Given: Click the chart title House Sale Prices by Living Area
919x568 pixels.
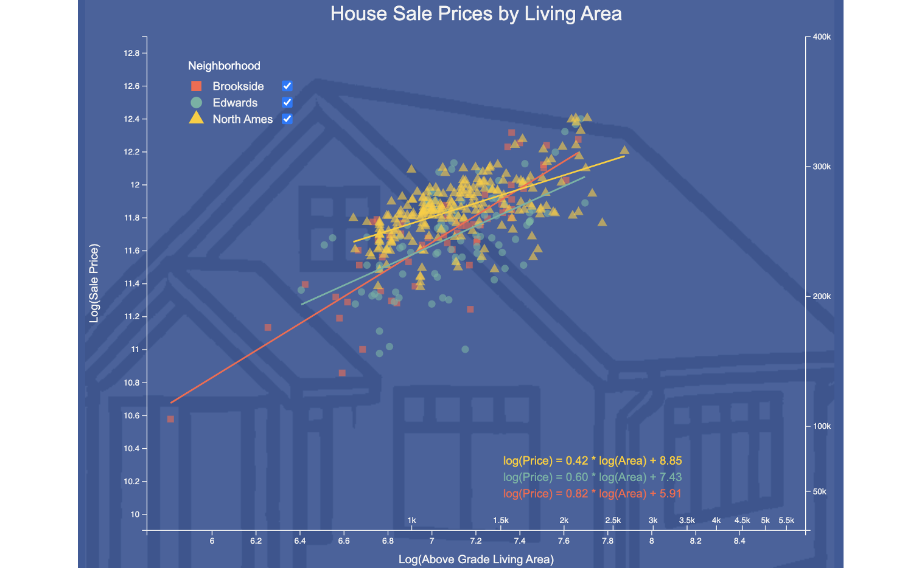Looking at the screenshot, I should pos(476,14).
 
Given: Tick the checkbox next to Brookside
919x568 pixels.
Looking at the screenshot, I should pos(287,86).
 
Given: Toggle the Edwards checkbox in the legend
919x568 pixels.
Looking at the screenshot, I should pos(287,103).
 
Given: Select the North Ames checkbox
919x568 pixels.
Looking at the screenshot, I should pos(287,119).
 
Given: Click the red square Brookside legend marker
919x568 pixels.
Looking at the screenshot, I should pos(196,86).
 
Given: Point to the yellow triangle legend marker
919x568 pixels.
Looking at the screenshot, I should pos(196,119).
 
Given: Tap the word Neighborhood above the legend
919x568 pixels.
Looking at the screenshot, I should pos(224,66).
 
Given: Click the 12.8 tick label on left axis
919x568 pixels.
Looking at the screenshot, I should pos(131,54).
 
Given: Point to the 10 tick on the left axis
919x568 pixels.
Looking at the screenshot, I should pos(135,514).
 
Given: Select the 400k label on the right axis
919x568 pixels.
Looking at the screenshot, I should pos(822,37).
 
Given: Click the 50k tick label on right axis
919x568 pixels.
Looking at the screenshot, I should pos(820,491).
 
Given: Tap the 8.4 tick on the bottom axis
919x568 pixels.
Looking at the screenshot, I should pos(739,541).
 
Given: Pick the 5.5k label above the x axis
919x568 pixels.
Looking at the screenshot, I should pos(786,521).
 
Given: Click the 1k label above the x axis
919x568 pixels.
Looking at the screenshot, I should pos(412,521).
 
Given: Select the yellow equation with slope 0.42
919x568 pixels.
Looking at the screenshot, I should pos(592,461).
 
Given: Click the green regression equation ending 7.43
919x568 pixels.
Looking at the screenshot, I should pos(592,477).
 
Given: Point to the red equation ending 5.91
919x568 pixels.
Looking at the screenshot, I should pos(592,494).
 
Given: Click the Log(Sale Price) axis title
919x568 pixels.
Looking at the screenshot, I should pos(94,283).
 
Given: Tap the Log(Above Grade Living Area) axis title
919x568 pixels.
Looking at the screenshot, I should pos(476,559).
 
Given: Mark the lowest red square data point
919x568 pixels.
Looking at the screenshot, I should pos(170,419).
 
